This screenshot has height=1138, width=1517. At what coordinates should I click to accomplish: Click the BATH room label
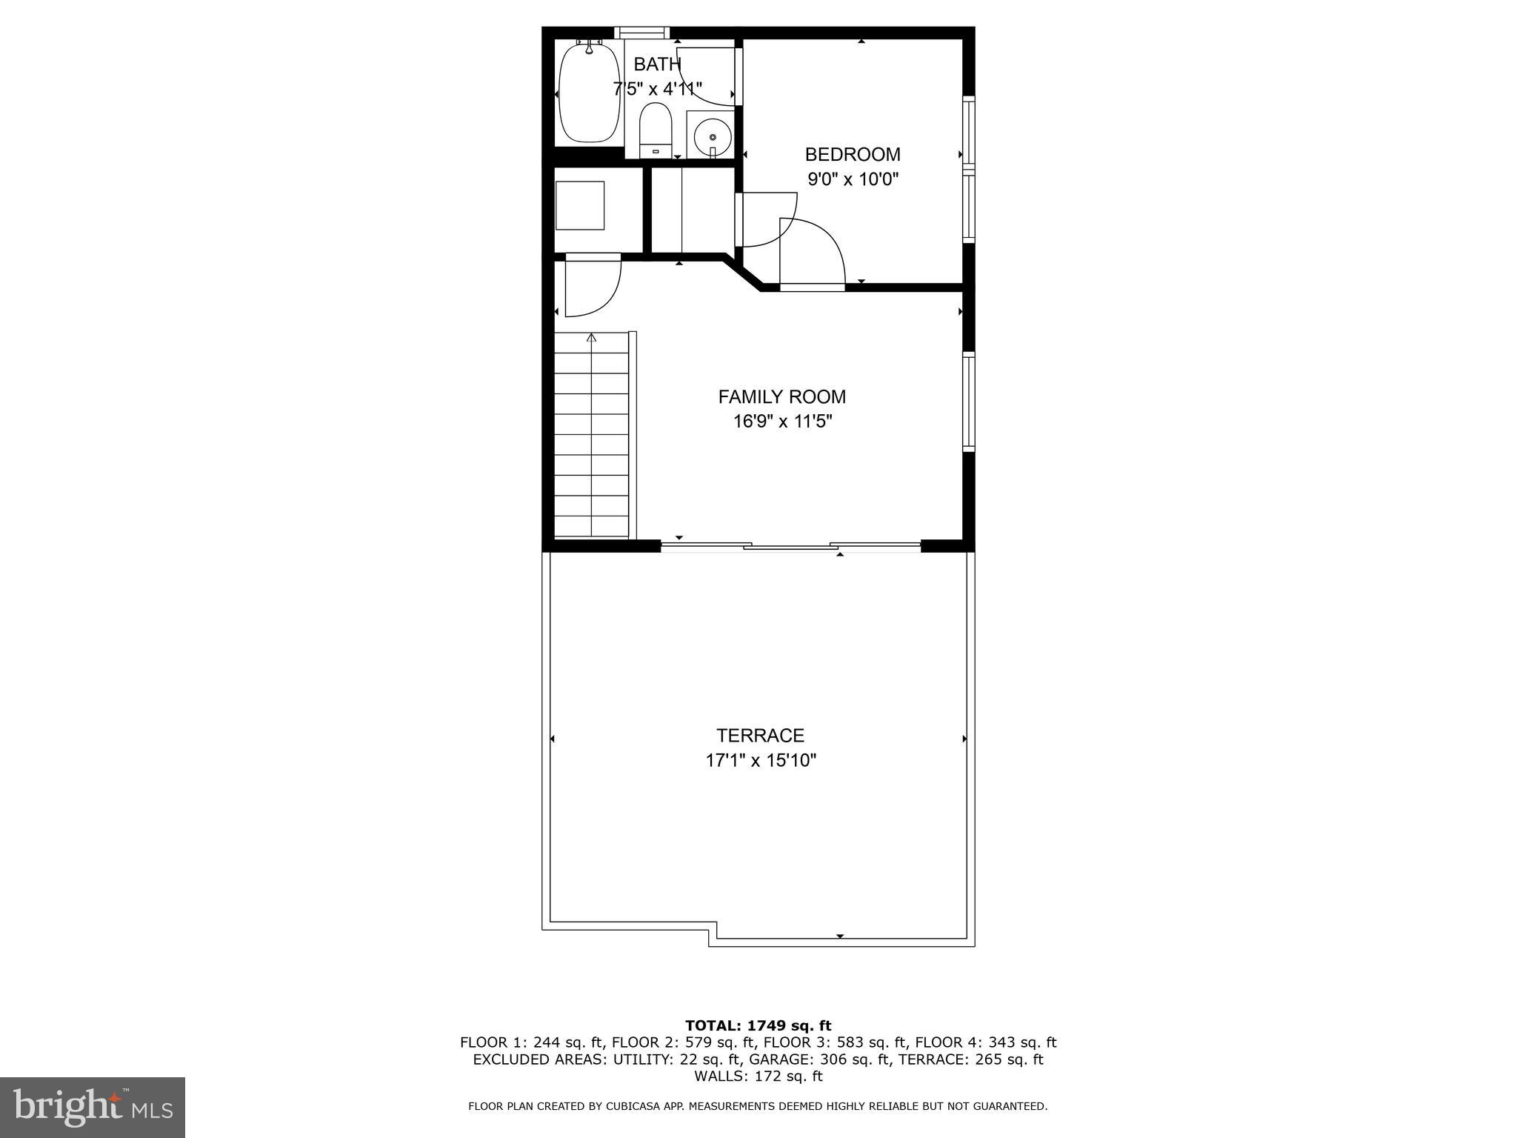(657, 64)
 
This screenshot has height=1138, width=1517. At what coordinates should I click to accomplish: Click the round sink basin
(712, 136)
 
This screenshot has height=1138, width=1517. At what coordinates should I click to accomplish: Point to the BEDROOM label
(853, 155)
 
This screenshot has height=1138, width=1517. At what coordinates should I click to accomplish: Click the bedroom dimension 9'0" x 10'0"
(853, 179)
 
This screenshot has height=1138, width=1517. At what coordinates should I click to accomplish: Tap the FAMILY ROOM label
(781, 397)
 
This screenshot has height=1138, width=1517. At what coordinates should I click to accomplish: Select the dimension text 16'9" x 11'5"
(781, 422)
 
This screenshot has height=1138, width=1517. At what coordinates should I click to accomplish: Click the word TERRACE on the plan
(760, 736)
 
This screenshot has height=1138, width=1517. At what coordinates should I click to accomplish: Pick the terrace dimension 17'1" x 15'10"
(760, 760)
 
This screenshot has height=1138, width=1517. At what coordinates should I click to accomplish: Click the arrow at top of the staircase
(591, 338)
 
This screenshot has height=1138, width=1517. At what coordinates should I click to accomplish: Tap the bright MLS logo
(93, 1107)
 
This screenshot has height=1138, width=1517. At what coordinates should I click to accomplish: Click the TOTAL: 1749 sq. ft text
(758, 1026)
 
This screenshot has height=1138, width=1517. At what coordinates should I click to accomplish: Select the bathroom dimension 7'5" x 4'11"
(657, 90)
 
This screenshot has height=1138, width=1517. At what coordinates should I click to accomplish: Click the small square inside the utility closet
(580, 205)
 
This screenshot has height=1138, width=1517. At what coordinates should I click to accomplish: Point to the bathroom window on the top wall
(641, 33)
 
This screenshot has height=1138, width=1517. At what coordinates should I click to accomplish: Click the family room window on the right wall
(968, 402)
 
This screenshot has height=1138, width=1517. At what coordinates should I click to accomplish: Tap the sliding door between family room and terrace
(790, 547)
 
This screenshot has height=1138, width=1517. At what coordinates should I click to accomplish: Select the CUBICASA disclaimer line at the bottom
(758, 1107)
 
